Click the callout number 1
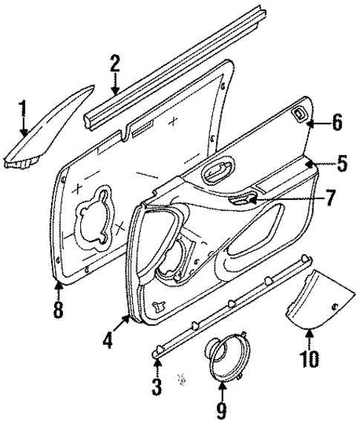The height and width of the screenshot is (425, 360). [22, 113]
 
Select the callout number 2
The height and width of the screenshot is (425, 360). [114, 63]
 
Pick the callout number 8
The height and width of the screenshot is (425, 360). [58, 309]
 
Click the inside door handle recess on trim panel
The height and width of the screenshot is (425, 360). [217, 172]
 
